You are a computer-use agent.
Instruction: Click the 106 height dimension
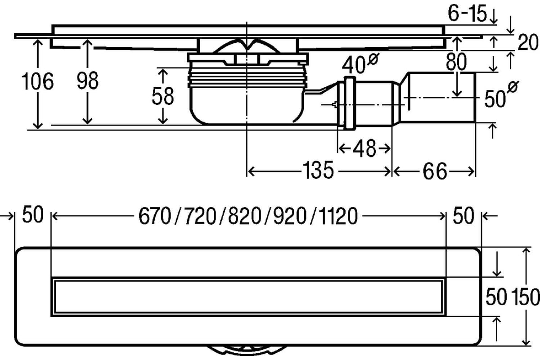[x=37, y=81]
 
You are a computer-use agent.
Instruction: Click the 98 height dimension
[x=87, y=81]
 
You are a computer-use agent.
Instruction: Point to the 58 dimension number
[x=163, y=96]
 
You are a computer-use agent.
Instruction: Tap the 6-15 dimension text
[x=467, y=13]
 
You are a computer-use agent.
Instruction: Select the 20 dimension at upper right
[x=528, y=42]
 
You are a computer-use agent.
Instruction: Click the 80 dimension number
[x=456, y=62]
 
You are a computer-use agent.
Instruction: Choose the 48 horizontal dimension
[x=364, y=148]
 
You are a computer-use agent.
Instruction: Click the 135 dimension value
[x=318, y=171]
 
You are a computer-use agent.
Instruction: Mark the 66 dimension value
[x=435, y=171]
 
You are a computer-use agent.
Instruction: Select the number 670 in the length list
[x=155, y=216]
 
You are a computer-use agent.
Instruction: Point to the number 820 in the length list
[x=245, y=216]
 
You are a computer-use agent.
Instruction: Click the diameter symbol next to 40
[x=373, y=59]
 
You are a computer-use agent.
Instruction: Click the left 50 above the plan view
[x=33, y=214]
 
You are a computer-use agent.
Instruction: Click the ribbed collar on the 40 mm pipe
[x=350, y=103]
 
